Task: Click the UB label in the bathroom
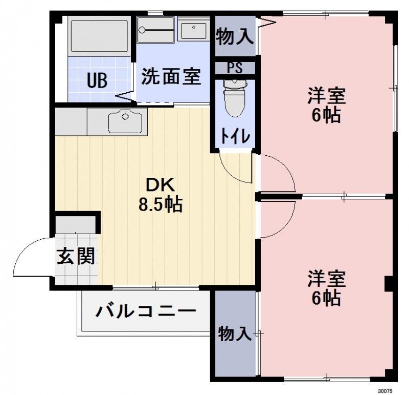click(x=97, y=80)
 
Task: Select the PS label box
click(x=235, y=68)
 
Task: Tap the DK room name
click(x=161, y=184)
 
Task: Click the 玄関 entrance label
click(x=76, y=256)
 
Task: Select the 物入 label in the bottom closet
click(x=235, y=334)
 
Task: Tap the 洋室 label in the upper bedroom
click(x=327, y=96)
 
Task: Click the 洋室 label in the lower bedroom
click(x=327, y=279)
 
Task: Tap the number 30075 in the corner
click(x=386, y=390)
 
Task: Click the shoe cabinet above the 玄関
click(x=76, y=224)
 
